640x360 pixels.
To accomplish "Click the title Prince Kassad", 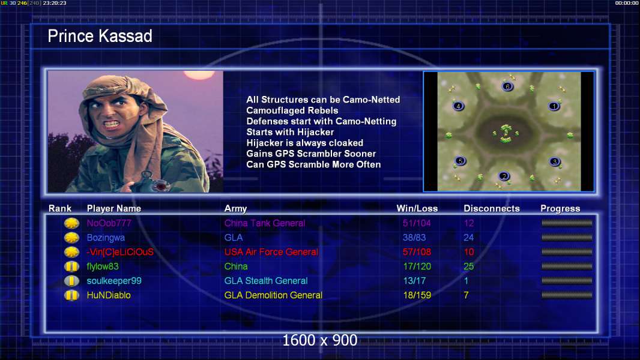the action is coord(100,36).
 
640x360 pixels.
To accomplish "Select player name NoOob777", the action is coord(109,223).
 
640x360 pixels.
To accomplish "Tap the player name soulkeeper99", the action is coord(114,281).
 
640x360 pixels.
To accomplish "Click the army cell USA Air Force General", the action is coord(271,252).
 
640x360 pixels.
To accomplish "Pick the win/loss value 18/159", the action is coord(417,295).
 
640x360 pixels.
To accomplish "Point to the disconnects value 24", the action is coord(468,238).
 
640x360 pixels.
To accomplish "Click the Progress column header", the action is coord(560,208).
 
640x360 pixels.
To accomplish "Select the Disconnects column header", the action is coord(492,208).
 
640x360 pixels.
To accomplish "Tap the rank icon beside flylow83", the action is coord(71,266).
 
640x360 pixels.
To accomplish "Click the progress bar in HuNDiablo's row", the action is coord(567,295).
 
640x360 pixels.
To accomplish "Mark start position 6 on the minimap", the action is coord(507,86).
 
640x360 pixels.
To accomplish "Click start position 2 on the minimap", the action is coord(504,176).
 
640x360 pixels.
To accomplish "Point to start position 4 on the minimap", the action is coord(458,106).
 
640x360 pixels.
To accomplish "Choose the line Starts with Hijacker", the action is coord(290,132).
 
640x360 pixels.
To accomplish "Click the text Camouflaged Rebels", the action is coord(292,110).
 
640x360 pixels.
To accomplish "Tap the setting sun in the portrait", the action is coord(199,74).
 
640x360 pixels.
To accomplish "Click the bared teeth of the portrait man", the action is coord(112,123).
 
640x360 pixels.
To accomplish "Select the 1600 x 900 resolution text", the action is coord(319,340).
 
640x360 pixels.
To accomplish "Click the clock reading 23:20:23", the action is coord(54,3).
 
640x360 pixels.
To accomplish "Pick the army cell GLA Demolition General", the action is coord(273,295).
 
